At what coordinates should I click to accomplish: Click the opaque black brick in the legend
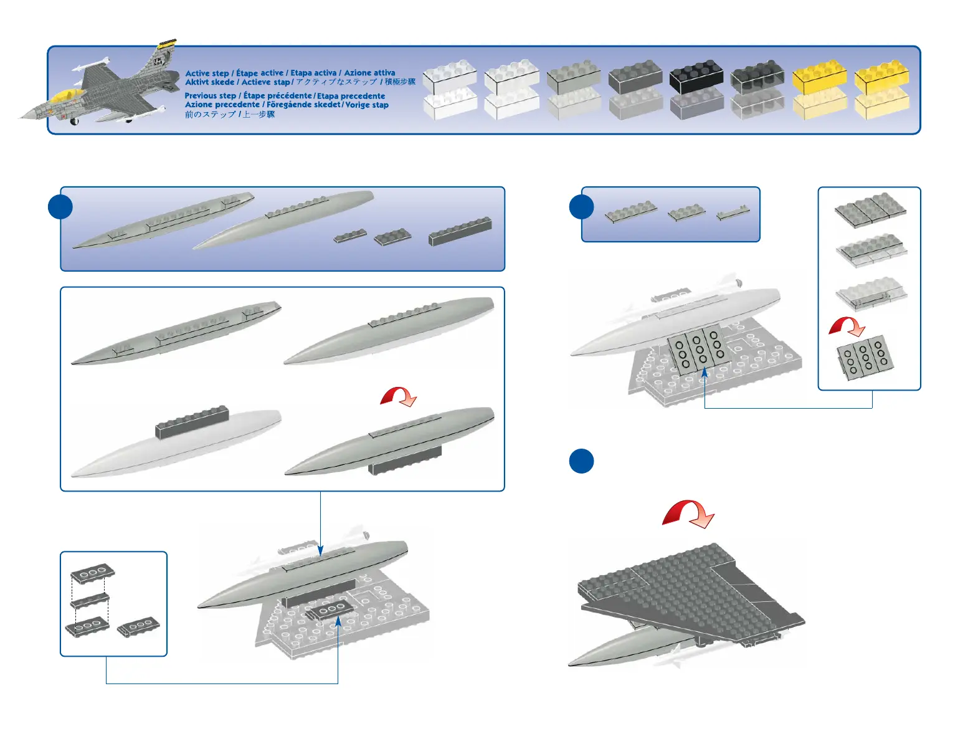(x=696, y=79)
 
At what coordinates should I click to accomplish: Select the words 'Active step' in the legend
(x=207, y=74)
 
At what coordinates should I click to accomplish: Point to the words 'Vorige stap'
(x=367, y=105)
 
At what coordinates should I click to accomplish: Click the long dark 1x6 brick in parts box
(x=460, y=231)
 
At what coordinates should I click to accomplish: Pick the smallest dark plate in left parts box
(x=350, y=237)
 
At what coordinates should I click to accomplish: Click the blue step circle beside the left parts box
(x=60, y=207)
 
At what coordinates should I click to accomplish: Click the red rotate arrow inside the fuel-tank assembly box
(x=398, y=396)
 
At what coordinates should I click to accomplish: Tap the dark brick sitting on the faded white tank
(x=192, y=422)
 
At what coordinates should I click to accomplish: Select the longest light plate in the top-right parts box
(x=630, y=212)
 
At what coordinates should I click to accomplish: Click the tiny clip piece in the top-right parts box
(x=733, y=214)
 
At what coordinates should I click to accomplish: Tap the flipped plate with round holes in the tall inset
(x=865, y=358)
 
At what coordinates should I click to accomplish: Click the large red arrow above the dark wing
(x=688, y=514)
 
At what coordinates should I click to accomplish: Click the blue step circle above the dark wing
(x=581, y=462)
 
